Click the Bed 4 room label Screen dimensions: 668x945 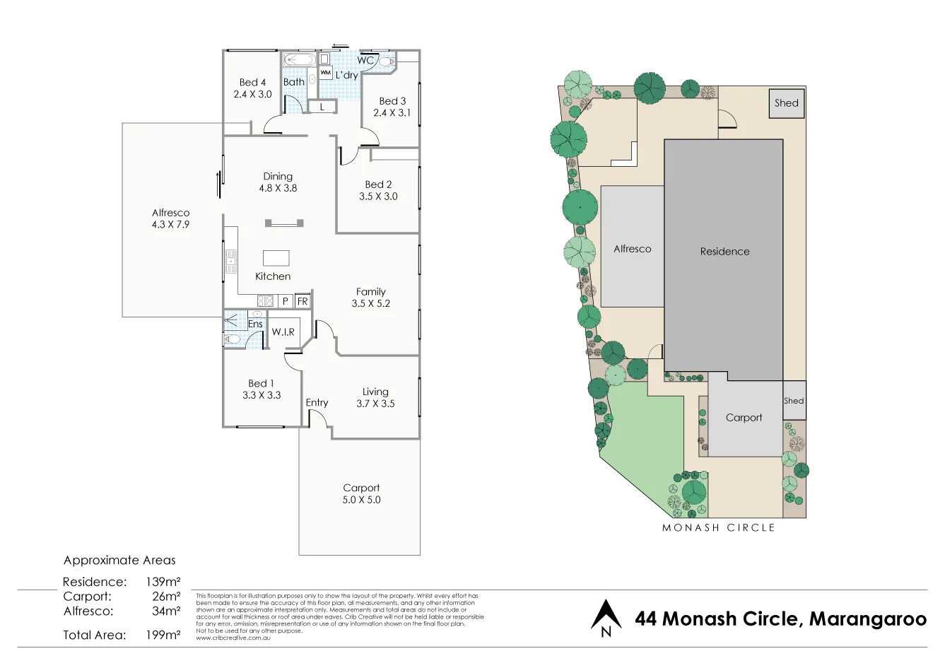point(252,82)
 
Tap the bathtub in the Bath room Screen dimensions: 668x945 point(300,60)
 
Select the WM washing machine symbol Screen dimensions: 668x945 point(325,73)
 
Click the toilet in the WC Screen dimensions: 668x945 point(386,62)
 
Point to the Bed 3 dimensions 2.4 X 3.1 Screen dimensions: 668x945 point(392,113)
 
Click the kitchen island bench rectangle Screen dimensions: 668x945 point(276,257)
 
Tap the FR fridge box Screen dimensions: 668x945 point(303,301)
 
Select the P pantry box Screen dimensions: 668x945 point(285,301)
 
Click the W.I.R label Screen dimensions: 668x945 point(283,332)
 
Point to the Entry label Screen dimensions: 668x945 point(317,402)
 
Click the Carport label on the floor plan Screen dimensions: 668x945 point(361,488)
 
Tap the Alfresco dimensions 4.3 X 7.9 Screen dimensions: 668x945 point(170,225)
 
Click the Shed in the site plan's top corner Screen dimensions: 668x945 point(786,103)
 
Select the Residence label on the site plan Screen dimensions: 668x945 point(724,252)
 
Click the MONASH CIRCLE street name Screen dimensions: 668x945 point(718,528)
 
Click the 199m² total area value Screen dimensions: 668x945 point(163,635)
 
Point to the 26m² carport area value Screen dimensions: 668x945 point(165,597)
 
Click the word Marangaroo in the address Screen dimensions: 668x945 point(867,619)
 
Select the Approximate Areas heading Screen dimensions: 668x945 point(119,561)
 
